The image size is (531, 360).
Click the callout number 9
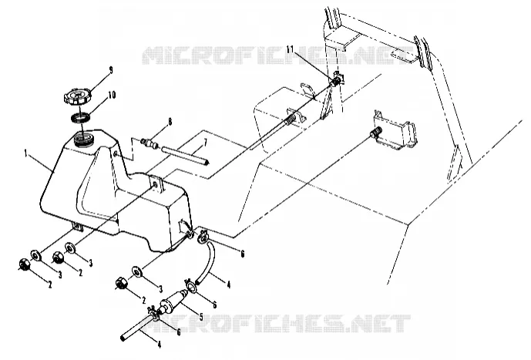110,71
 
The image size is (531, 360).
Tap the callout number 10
112,95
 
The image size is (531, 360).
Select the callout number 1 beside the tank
26,154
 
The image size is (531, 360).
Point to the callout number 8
170,122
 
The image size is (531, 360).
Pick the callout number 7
205,143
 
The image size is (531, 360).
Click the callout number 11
291,49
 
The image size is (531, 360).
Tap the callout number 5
201,317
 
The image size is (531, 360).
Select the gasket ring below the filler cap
80,118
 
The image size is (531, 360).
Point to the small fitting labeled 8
150,143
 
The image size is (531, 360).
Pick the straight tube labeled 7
184,155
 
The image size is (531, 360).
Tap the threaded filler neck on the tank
83,140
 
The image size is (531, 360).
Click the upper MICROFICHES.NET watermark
276,56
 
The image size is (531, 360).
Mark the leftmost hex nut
25,264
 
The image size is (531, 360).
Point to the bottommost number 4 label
159,345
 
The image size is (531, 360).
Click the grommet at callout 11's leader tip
337,80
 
